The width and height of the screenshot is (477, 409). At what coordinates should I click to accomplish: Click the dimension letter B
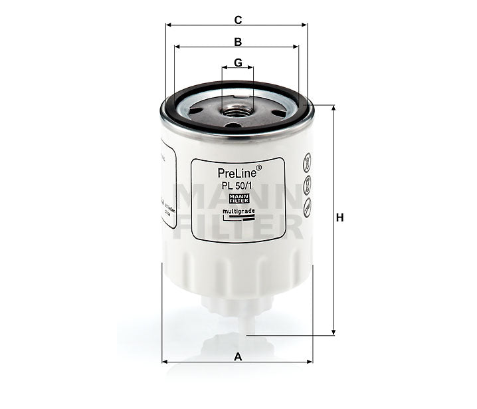point(237,41)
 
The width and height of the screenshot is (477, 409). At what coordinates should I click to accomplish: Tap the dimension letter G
point(237,63)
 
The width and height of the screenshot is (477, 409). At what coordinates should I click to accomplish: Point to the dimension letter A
point(237,356)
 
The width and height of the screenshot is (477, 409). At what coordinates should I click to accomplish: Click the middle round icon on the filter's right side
point(308,183)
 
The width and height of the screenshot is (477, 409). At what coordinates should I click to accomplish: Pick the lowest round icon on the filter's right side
point(308,206)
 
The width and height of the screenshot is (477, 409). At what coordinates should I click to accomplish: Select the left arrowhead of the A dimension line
point(165,362)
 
